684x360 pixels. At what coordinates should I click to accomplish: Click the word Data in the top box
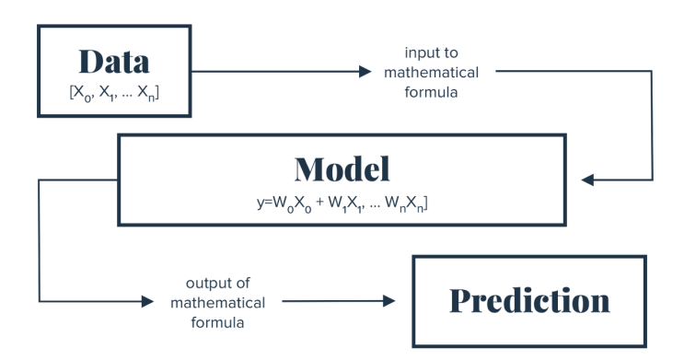tap(114, 62)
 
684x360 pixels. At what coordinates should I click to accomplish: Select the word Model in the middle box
tap(342, 169)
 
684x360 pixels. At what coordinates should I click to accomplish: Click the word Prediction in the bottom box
tap(529, 300)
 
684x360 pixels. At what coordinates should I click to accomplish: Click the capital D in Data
tap(91, 62)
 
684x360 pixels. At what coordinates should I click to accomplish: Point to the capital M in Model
tap(307, 169)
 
